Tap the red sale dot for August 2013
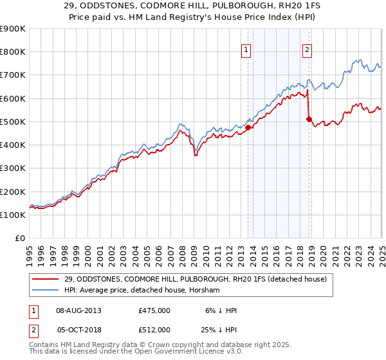(248, 127)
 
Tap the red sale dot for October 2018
(309, 119)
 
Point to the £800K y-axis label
(13, 52)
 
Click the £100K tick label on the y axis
(13, 215)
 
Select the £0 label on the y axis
(19, 238)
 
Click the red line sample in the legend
(46, 279)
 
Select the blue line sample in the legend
(46, 291)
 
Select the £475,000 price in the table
(154, 310)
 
